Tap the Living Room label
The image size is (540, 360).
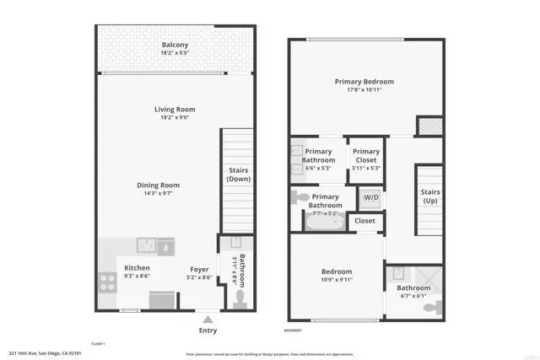point(175,109)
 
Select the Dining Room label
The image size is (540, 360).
point(159,185)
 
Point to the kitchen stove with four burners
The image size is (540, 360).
point(109,282)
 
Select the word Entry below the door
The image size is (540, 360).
point(208,330)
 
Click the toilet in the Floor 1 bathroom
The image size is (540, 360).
point(240,297)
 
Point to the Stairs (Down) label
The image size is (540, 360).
point(239,174)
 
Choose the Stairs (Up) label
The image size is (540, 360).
point(431,196)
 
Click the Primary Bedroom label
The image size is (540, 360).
point(364,82)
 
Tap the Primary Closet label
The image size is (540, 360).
point(366,156)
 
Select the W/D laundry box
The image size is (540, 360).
point(370,199)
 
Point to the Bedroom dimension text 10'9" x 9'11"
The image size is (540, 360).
point(337,279)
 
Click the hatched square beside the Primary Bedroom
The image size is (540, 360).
point(428,125)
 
